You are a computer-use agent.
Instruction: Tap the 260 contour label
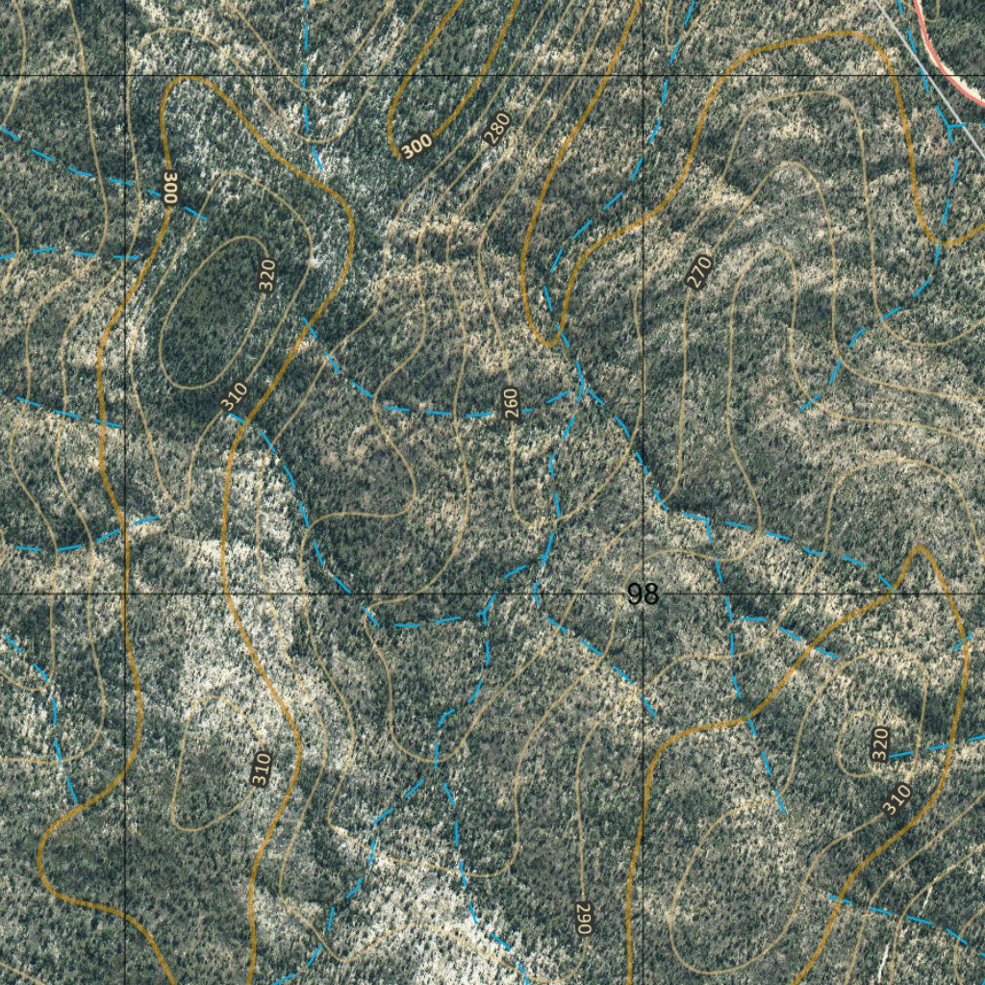(x=512, y=404)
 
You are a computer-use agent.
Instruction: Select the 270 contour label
(x=699, y=270)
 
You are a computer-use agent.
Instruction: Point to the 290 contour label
(x=583, y=918)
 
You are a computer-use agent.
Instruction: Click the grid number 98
(x=643, y=594)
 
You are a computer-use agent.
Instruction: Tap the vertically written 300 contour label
(x=170, y=187)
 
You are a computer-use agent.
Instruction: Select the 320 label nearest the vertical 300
(x=267, y=276)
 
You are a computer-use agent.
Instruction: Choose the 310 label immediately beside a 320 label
(x=896, y=799)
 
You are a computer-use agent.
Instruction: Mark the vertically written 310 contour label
(x=261, y=769)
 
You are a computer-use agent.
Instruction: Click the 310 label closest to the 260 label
(x=234, y=396)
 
